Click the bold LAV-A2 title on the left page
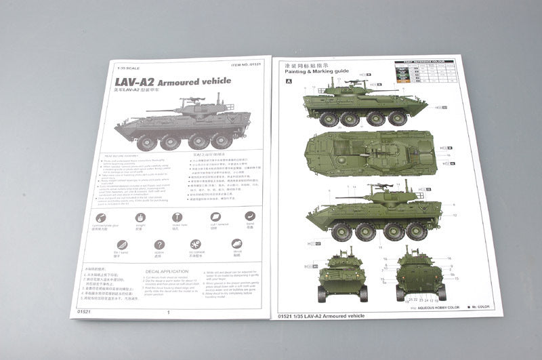point(173,81)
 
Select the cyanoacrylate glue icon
point(100,218)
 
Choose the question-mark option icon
point(159,245)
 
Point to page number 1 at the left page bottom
point(168,313)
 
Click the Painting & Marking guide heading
point(317,71)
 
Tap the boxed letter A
point(289,81)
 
